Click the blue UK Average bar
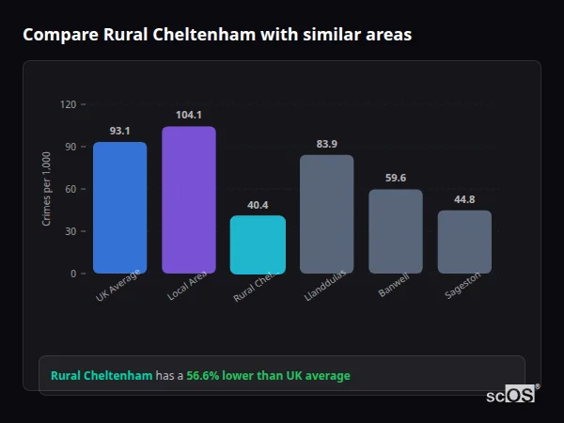[x=119, y=208]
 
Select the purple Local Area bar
[x=189, y=200]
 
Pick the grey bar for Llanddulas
[x=326, y=214]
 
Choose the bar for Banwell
[x=396, y=231]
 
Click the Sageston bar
[x=464, y=242]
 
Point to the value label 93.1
[x=119, y=131]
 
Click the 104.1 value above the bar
[x=189, y=115]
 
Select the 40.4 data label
[x=258, y=205]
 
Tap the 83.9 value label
[x=326, y=144]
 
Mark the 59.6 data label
[x=396, y=178]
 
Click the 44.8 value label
[x=464, y=199]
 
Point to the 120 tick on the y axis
[x=68, y=104]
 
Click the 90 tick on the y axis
[x=70, y=147]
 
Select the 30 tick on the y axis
[x=70, y=231]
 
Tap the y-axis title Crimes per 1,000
[x=46, y=189]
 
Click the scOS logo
[x=510, y=395]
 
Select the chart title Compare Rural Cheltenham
[x=217, y=35]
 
